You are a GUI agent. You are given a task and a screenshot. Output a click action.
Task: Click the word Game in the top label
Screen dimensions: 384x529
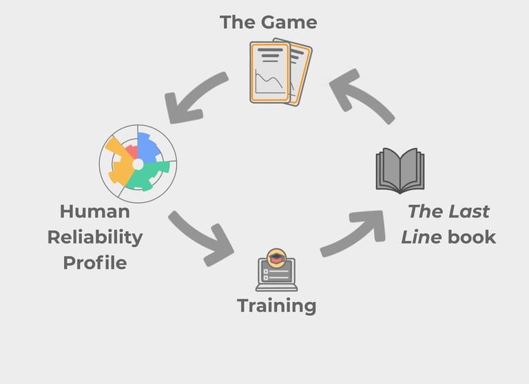tap(288, 22)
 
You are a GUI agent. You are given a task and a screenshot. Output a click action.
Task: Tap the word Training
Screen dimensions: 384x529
tap(276, 305)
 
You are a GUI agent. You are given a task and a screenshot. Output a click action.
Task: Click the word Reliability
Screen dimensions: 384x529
tap(94, 237)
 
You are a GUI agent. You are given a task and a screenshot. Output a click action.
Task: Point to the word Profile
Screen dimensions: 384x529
tap(94, 262)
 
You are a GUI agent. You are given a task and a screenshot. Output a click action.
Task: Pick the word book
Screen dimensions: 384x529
tap(471, 237)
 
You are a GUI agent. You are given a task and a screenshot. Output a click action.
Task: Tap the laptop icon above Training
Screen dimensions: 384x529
tap(275, 274)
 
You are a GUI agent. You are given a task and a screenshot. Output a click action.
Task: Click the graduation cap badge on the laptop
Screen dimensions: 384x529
tap(276, 257)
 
